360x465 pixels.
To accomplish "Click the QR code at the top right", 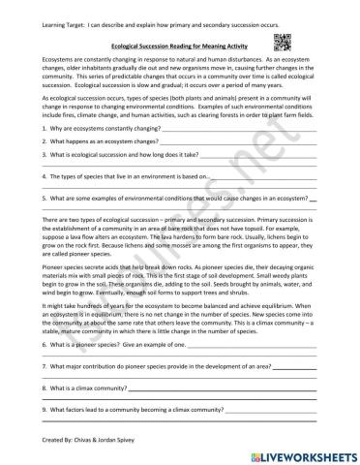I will (283, 40).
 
